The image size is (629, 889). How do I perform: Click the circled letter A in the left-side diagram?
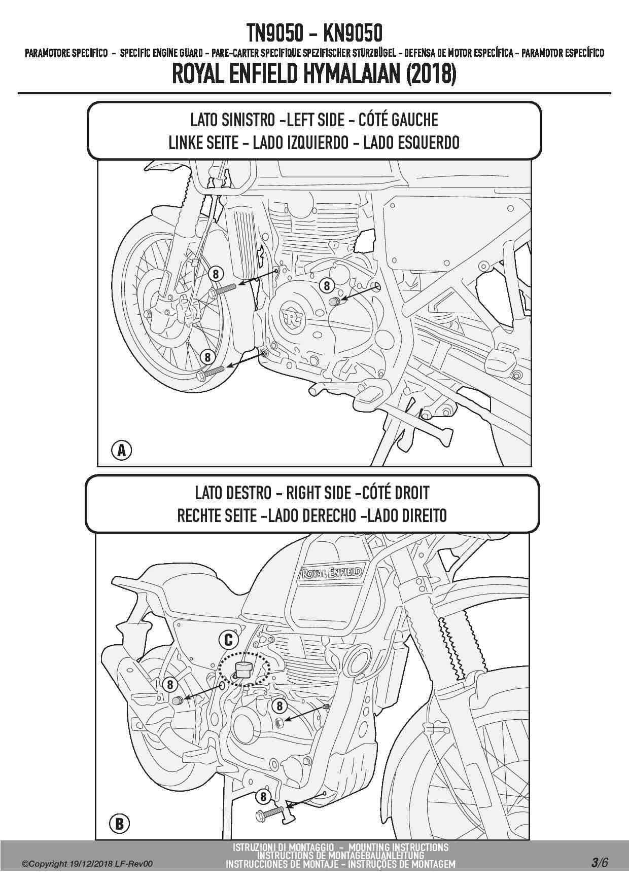pos(121,450)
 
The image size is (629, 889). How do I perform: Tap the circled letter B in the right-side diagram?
pos(119,823)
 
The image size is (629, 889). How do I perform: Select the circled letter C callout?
pos(228,640)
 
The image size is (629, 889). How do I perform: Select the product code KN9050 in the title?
pos(352,34)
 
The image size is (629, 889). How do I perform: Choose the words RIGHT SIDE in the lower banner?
pos(319,493)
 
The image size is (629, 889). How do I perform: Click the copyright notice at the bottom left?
pos(87,864)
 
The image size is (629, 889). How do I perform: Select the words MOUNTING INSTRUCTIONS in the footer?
pos(399,847)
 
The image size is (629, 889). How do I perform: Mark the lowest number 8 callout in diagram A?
pos(207,357)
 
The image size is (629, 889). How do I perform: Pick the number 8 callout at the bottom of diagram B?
pos(263,797)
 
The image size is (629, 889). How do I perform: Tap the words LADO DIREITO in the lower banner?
pos(407,516)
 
